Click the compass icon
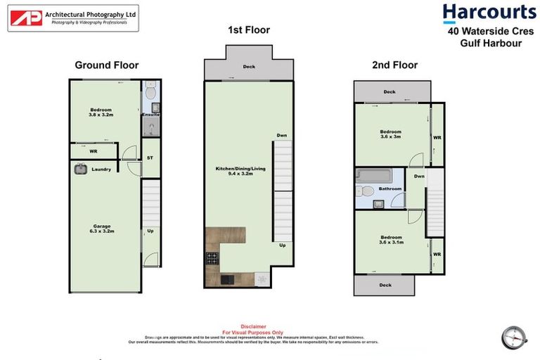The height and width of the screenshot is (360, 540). click(x=514, y=337)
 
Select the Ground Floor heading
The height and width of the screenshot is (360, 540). click(x=107, y=65)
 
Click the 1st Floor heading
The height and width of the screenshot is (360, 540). click(x=248, y=30)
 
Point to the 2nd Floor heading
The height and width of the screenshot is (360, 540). click(x=394, y=65)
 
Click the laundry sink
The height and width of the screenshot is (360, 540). click(x=79, y=169)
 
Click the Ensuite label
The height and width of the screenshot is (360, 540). click(x=150, y=115)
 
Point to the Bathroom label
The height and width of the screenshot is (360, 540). click(x=390, y=188)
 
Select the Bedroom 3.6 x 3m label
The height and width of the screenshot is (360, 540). click(x=390, y=134)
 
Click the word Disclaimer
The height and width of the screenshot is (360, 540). click(x=253, y=326)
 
